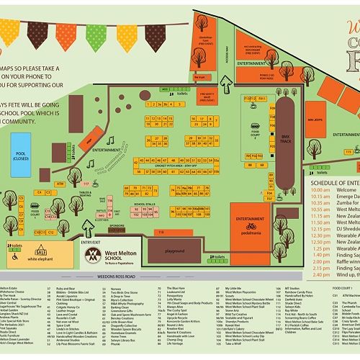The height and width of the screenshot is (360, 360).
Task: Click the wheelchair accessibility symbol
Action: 11,235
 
